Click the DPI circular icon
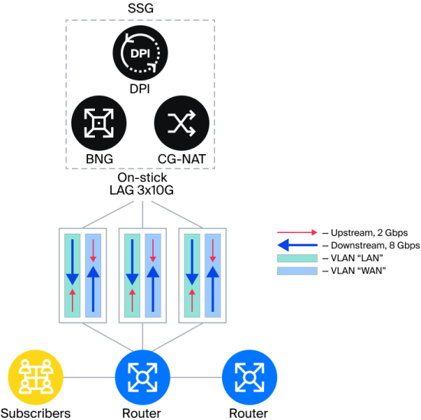(x=140, y=53)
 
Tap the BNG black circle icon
(x=99, y=123)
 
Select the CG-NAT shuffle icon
(x=181, y=123)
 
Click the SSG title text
(x=140, y=8)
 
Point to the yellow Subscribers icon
(x=36, y=377)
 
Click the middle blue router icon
(x=142, y=377)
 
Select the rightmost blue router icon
(x=250, y=377)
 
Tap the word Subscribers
(x=35, y=413)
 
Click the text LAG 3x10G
(x=142, y=190)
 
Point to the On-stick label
(x=142, y=178)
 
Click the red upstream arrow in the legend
(x=297, y=232)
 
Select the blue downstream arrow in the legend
(x=297, y=245)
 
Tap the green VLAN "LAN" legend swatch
(x=297, y=258)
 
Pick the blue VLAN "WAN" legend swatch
(x=297, y=271)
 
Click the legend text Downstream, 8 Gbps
(x=375, y=245)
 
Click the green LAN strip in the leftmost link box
(x=72, y=275)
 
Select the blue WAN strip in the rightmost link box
(x=213, y=275)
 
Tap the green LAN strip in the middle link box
(x=132, y=275)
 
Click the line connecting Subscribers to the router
(x=89, y=377)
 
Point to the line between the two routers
(x=196, y=377)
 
